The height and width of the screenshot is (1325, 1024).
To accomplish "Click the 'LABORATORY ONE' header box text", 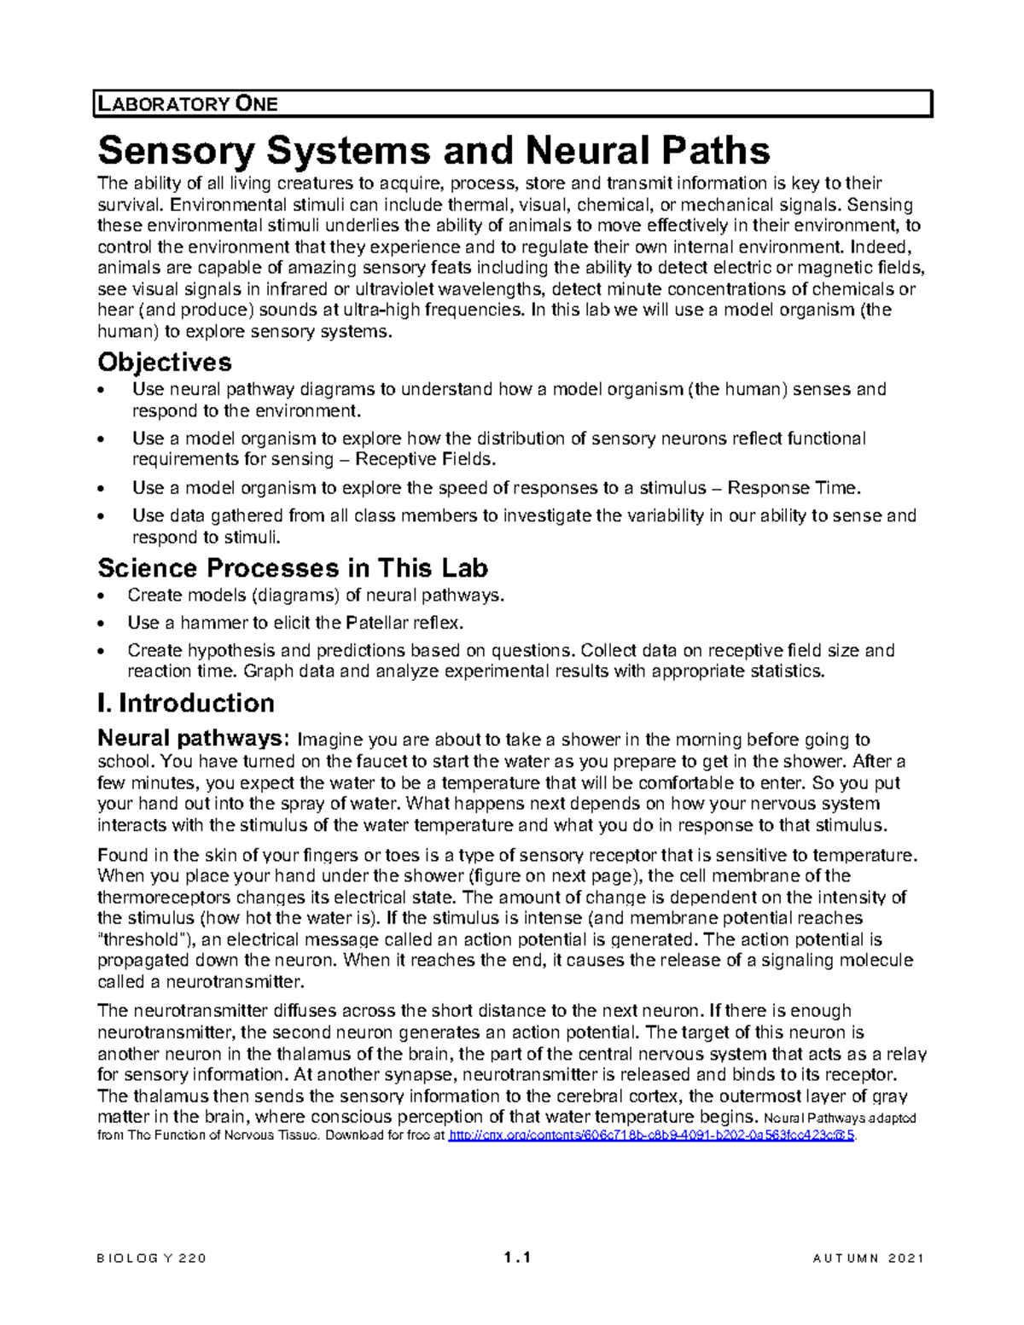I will (188, 105).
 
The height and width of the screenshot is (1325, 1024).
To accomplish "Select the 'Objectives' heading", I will (165, 362).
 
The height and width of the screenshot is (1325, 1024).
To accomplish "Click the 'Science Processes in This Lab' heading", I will (293, 567).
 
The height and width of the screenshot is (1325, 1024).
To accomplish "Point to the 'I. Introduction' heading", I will (186, 703).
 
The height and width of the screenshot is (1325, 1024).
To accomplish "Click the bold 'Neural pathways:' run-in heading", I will (195, 738).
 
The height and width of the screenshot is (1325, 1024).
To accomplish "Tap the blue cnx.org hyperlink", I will (651, 1136).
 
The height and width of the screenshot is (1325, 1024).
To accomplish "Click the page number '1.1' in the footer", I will (517, 1258).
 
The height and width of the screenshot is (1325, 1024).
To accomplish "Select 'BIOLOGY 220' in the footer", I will (152, 1258).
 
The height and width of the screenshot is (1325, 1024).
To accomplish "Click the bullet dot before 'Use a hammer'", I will (103, 624).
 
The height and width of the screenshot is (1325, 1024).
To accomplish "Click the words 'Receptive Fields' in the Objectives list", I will (424, 460).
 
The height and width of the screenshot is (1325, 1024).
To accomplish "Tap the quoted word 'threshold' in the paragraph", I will (146, 939).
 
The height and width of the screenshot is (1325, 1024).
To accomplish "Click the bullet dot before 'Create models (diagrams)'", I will (103, 596).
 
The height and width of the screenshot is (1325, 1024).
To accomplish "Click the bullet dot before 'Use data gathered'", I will (103, 516).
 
